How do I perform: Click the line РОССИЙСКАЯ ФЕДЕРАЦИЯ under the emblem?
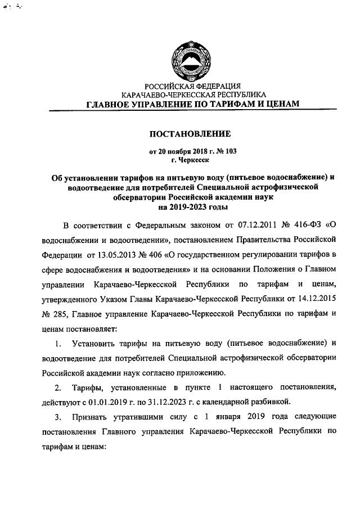(x=188, y=87)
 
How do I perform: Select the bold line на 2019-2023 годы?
(x=188, y=206)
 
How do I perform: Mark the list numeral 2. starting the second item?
(x=58, y=387)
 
